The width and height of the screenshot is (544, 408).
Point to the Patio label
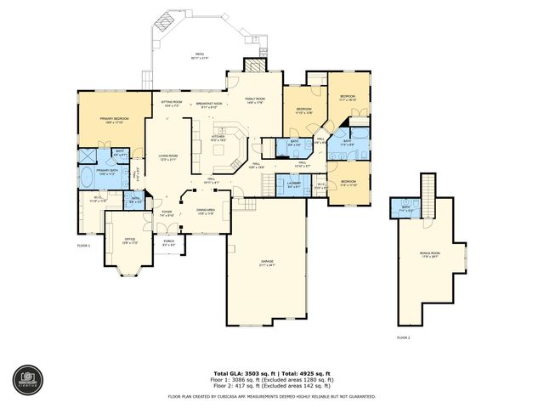point(199,56)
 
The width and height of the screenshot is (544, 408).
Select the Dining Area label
point(207,209)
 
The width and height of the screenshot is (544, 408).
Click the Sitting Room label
point(172,102)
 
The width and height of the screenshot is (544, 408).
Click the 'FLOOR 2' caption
point(403,337)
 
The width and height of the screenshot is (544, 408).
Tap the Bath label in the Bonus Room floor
point(405,208)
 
